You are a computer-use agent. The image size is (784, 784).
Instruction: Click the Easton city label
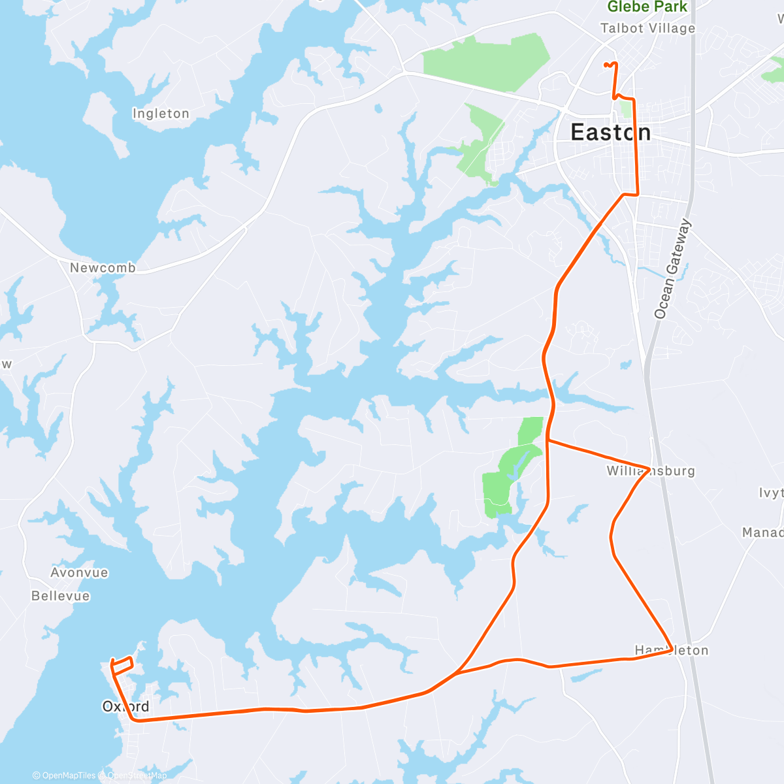click(610, 133)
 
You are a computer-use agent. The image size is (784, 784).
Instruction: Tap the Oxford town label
click(125, 706)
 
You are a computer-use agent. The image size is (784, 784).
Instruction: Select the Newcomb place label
click(103, 268)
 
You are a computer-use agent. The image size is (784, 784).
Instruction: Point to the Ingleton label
click(161, 114)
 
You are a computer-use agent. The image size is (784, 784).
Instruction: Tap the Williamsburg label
click(651, 471)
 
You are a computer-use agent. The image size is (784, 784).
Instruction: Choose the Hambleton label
click(672, 650)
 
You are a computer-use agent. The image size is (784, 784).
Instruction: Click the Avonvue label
click(79, 572)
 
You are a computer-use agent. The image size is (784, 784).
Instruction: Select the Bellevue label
click(61, 596)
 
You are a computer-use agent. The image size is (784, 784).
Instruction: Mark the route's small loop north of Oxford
click(122, 664)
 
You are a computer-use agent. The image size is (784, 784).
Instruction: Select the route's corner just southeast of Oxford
click(135, 720)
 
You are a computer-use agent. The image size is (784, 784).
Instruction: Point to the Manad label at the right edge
click(762, 532)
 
